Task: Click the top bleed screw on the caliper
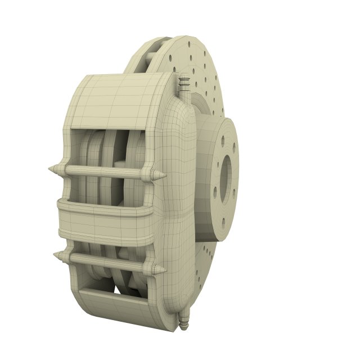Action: click(x=184, y=84)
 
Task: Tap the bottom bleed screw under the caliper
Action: click(x=183, y=321)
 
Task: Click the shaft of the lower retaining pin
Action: click(x=107, y=262)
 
